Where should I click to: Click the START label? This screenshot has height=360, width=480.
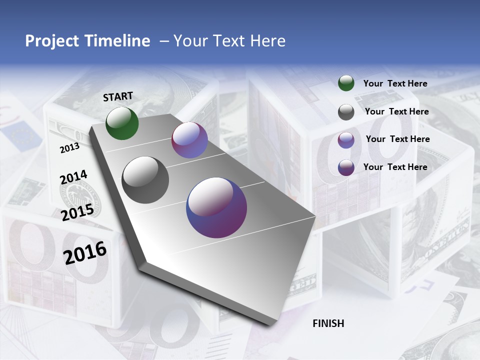point(118,96)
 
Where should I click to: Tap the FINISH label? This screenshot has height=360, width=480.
point(328,323)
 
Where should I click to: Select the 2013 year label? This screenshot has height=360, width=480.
point(69,148)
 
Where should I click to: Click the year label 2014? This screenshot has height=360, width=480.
point(73,177)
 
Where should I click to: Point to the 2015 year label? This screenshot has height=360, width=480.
point(77,212)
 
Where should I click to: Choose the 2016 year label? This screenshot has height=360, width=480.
point(85,252)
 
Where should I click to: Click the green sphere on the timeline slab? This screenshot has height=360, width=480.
point(122,123)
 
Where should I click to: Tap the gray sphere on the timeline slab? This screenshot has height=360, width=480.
point(145,179)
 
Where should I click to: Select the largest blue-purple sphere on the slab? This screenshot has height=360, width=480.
point(216,207)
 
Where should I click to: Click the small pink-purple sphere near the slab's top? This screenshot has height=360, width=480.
point(189,140)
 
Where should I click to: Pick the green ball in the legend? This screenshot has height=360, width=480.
point(346,83)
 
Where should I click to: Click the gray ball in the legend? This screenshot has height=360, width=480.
point(346,112)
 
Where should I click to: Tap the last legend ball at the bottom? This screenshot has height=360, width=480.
point(346,167)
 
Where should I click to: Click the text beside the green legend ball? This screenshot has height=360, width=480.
point(395,84)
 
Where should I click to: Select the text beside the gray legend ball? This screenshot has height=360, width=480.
point(396,112)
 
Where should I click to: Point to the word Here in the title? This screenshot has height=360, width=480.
point(268,41)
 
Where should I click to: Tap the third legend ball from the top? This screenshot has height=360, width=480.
point(346,140)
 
